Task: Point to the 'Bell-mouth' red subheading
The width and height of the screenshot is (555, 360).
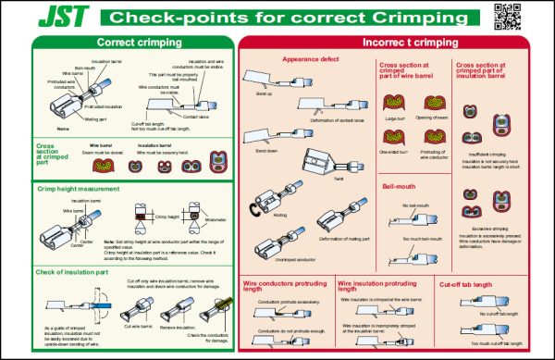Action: coord(398,187)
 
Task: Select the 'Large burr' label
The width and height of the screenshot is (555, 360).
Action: coord(395,119)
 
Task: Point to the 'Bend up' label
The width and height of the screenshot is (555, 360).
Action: coord(264,95)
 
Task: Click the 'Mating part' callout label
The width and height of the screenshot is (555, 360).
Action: coord(96,119)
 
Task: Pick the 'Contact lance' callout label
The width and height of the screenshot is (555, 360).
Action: coord(195,117)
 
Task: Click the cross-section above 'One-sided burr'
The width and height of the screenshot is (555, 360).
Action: coord(396,136)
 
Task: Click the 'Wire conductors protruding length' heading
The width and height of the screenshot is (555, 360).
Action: coord(285,286)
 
